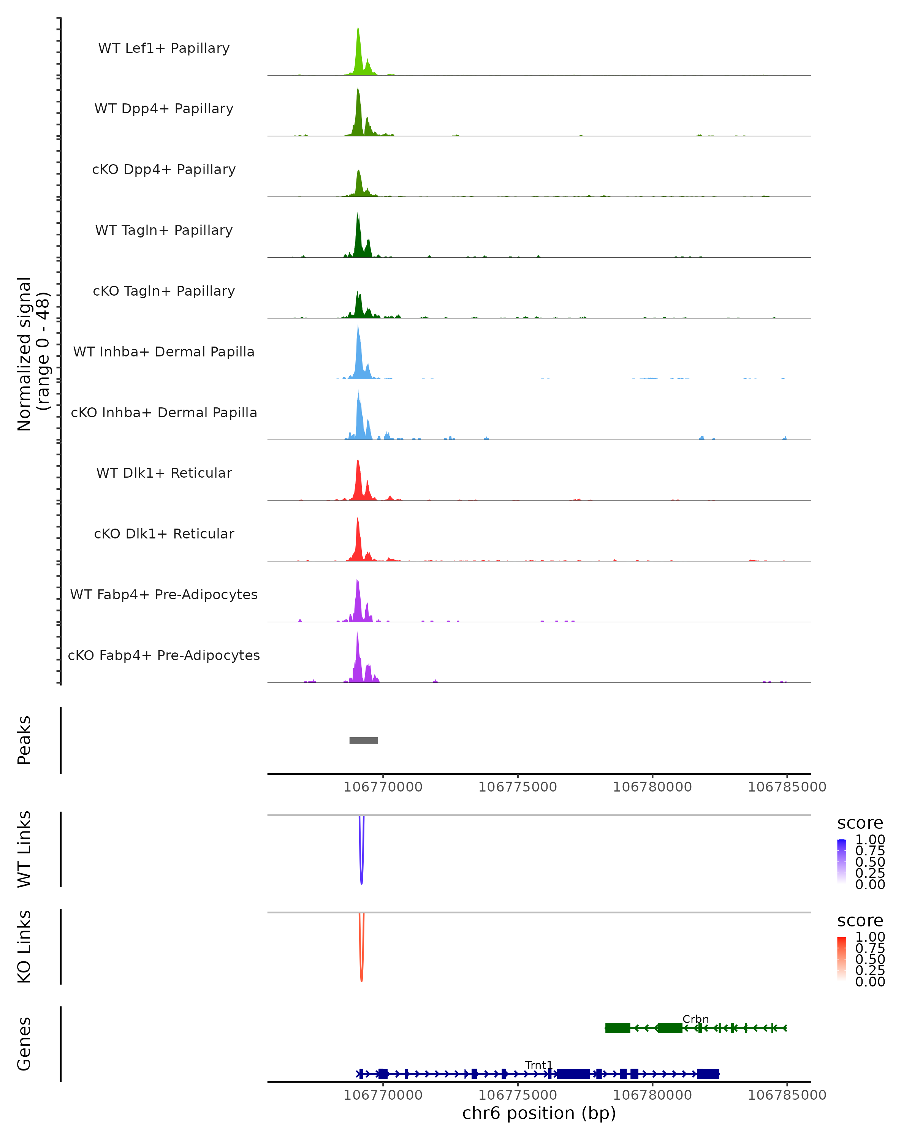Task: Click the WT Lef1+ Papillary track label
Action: pyautogui.click(x=164, y=48)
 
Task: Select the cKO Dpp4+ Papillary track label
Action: pyautogui.click(x=164, y=169)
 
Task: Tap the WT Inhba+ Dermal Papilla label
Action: pyautogui.click(x=164, y=351)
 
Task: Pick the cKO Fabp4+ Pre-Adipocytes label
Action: pyautogui.click(x=164, y=655)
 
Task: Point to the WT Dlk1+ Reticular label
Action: pyautogui.click(x=164, y=473)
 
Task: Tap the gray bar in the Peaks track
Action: pyautogui.click(x=364, y=740)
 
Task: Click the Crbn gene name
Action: pyautogui.click(x=695, y=1019)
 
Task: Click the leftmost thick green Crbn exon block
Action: pyautogui.click(x=617, y=1028)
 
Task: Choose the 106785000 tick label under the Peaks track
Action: pyautogui.click(x=787, y=787)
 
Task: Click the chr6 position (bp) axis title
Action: pyautogui.click(x=539, y=1113)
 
